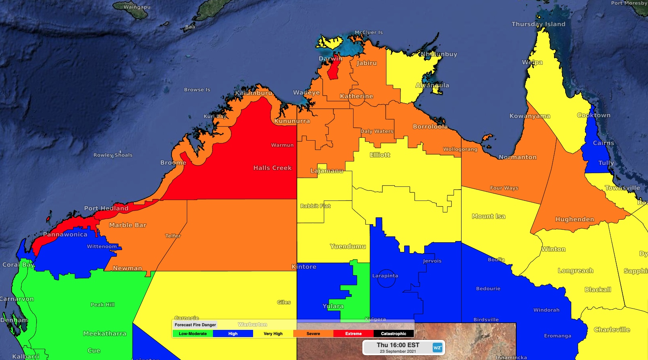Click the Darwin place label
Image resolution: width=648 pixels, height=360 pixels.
330,59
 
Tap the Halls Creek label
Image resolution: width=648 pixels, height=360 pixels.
272,168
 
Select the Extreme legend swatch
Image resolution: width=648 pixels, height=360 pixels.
353,333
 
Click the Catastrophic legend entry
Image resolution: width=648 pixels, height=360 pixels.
393,333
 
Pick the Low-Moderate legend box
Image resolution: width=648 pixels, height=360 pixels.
193,333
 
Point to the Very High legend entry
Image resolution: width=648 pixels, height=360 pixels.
273,333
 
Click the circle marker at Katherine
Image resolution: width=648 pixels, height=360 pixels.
356,97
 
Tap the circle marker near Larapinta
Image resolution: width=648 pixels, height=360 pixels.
386,278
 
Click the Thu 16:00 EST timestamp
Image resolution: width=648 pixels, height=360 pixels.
398,345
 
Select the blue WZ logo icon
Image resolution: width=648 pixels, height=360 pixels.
437,348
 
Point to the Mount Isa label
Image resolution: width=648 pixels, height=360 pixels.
489,216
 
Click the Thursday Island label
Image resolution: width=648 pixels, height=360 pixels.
538,24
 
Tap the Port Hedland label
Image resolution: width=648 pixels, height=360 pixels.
106,208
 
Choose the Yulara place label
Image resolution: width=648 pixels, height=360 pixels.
333,306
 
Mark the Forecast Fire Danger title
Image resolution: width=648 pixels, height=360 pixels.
195,325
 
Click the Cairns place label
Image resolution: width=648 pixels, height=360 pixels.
603,143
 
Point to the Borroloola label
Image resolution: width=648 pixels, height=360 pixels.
430,127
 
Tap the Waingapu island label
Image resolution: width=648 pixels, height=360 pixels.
137,7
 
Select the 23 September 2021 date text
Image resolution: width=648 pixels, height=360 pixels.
398,351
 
